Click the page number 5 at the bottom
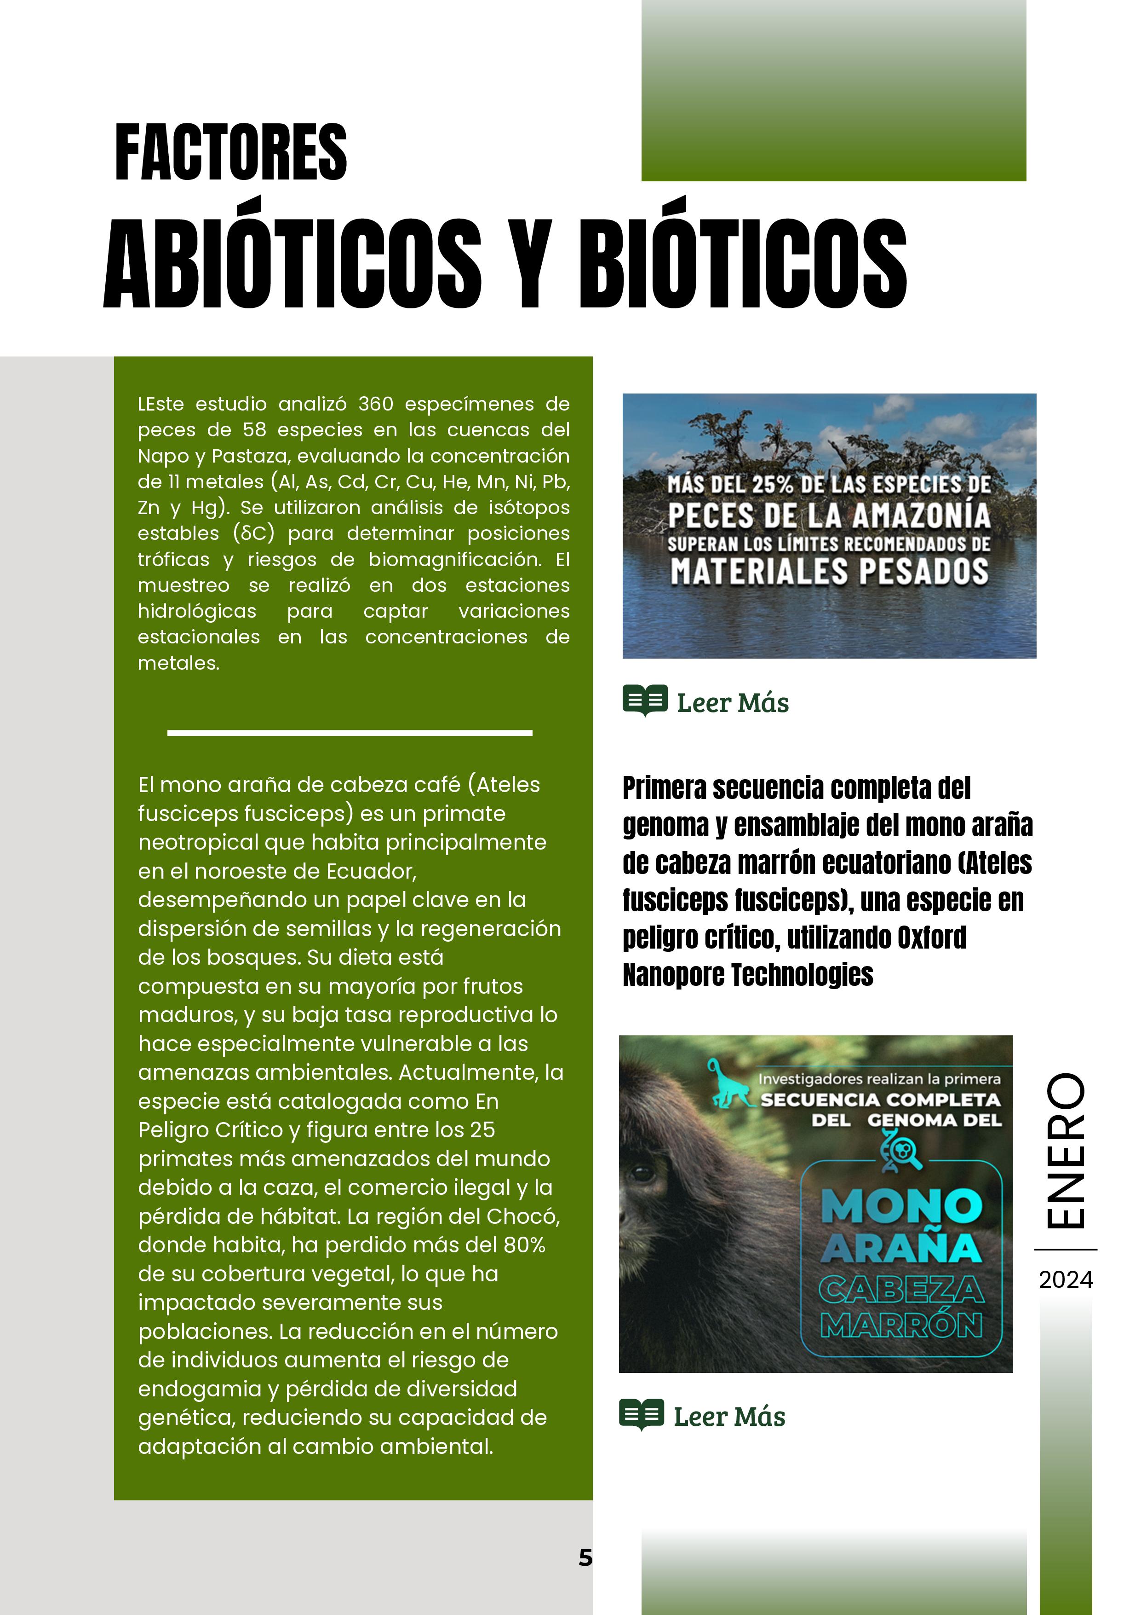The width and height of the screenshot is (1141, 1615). pyautogui.click(x=585, y=1557)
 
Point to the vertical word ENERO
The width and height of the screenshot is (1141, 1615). pyautogui.click(x=1066, y=1151)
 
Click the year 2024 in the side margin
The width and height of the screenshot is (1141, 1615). pyautogui.click(x=1066, y=1279)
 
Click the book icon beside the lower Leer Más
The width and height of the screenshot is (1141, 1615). pyautogui.click(x=641, y=1414)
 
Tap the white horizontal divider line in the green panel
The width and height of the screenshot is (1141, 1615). pyautogui.click(x=350, y=733)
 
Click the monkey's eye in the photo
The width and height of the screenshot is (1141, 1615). pyautogui.click(x=642, y=1173)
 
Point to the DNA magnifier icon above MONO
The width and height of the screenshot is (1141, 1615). pyautogui.click(x=901, y=1152)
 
